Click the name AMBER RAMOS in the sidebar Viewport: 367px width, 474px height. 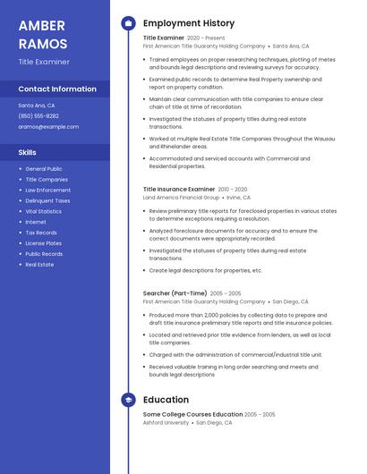(43, 33)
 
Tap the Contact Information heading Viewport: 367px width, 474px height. (57, 89)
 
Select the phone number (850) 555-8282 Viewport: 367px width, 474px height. (38, 116)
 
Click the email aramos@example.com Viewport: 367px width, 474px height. (48, 127)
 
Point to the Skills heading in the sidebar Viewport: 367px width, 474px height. (28, 153)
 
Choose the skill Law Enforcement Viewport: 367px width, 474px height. (47, 190)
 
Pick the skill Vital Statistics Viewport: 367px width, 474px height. (44, 211)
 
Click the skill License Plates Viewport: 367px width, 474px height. (44, 243)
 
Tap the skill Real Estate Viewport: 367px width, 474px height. (39, 265)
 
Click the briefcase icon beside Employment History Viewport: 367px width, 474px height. (128, 23)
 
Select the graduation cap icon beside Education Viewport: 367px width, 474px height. (128, 400)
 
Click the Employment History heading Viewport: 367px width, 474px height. (189, 23)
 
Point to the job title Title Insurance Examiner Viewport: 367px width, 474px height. (179, 190)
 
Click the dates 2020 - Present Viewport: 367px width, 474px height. (206, 38)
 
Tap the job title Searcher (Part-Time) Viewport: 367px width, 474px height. (175, 293)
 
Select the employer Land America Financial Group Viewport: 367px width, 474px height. (181, 198)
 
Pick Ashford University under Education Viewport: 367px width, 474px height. (165, 423)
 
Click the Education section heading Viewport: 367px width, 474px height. (166, 400)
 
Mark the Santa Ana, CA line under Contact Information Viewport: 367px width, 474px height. (37, 106)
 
